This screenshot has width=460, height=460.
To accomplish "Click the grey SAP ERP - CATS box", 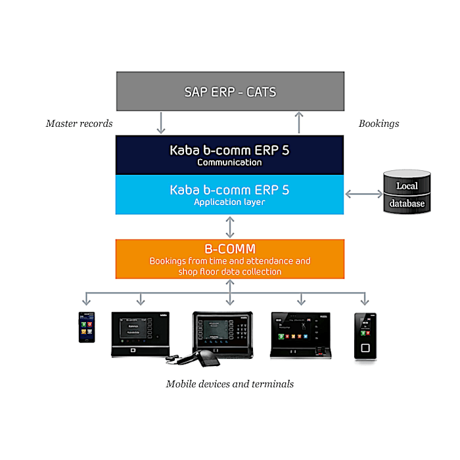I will (229, 91).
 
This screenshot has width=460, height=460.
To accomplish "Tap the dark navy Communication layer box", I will (229, 155).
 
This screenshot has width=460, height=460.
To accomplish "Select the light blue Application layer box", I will (229, 195).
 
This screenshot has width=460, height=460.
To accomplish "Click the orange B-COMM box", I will (229, 259).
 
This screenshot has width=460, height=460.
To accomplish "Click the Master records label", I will (79, 124).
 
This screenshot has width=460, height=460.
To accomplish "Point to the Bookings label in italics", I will (379, 124).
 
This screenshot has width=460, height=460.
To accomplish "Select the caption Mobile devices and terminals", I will (229, 384).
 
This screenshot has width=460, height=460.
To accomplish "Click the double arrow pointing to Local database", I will (363, 194).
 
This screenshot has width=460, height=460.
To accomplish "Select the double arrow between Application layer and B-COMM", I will (229, 227).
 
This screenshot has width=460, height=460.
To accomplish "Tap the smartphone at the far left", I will (87, 327).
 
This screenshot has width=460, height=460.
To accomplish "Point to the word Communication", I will (229, 162).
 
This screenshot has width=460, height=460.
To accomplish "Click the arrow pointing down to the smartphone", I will (87, 299).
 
